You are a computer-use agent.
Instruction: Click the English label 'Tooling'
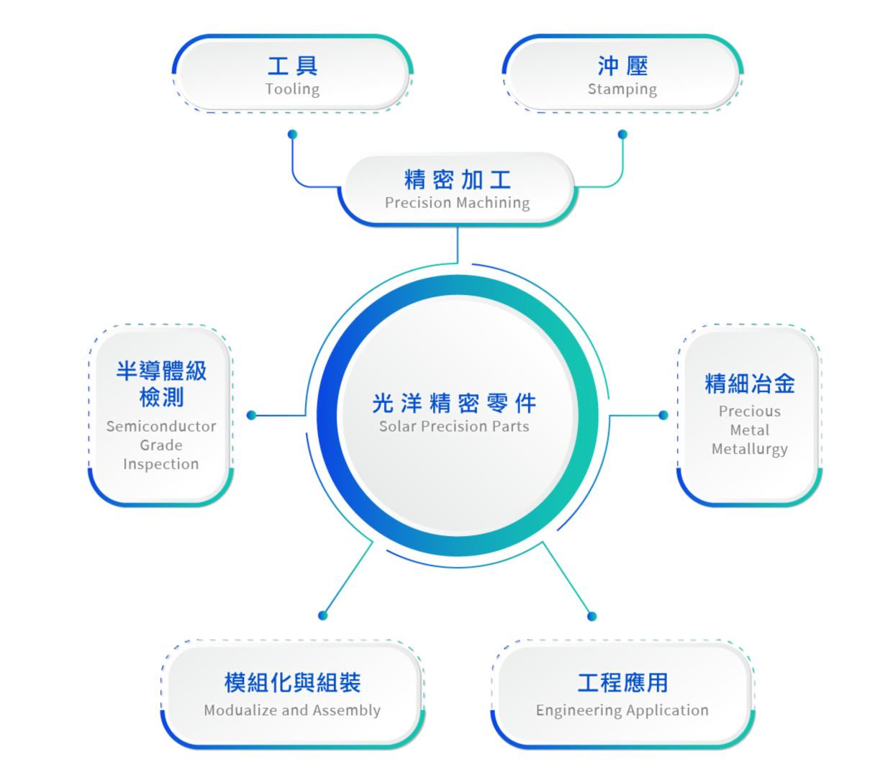click(x=292, y=89)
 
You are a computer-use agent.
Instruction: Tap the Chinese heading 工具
click(x=292, y=66)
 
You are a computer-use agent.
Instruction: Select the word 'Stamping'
click(x=622, y=89)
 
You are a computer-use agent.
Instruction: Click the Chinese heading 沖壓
click(x=622, y=66)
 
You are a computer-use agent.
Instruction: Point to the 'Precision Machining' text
click(x=457, y=203)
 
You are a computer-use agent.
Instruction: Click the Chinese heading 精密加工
click(x=457, y=179)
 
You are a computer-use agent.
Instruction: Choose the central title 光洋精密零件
click(x=454, y=403)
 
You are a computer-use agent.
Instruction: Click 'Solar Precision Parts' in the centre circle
click(x=454, y=427)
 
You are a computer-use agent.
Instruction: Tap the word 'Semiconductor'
click(x=161, y=427)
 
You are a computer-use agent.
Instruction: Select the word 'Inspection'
click(x=161, y=464)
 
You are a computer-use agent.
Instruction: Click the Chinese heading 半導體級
click(x=161, y=371)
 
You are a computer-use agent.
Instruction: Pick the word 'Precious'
click(x=749, y=412)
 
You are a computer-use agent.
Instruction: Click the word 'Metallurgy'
click(x=749, y=449)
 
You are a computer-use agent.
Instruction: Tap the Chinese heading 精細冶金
click(x=749, y=384)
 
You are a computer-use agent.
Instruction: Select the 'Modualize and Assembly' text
click(x=292, y=710)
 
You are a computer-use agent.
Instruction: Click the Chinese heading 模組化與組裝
click(x=292, y=682)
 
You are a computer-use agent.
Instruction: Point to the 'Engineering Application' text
click(x=622, y=710)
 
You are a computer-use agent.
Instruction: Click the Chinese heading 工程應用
click(x=622, y=682)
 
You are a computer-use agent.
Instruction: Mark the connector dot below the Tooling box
click(x=292, y=135)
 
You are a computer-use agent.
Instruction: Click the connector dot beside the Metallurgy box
click(x=663, y=415)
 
